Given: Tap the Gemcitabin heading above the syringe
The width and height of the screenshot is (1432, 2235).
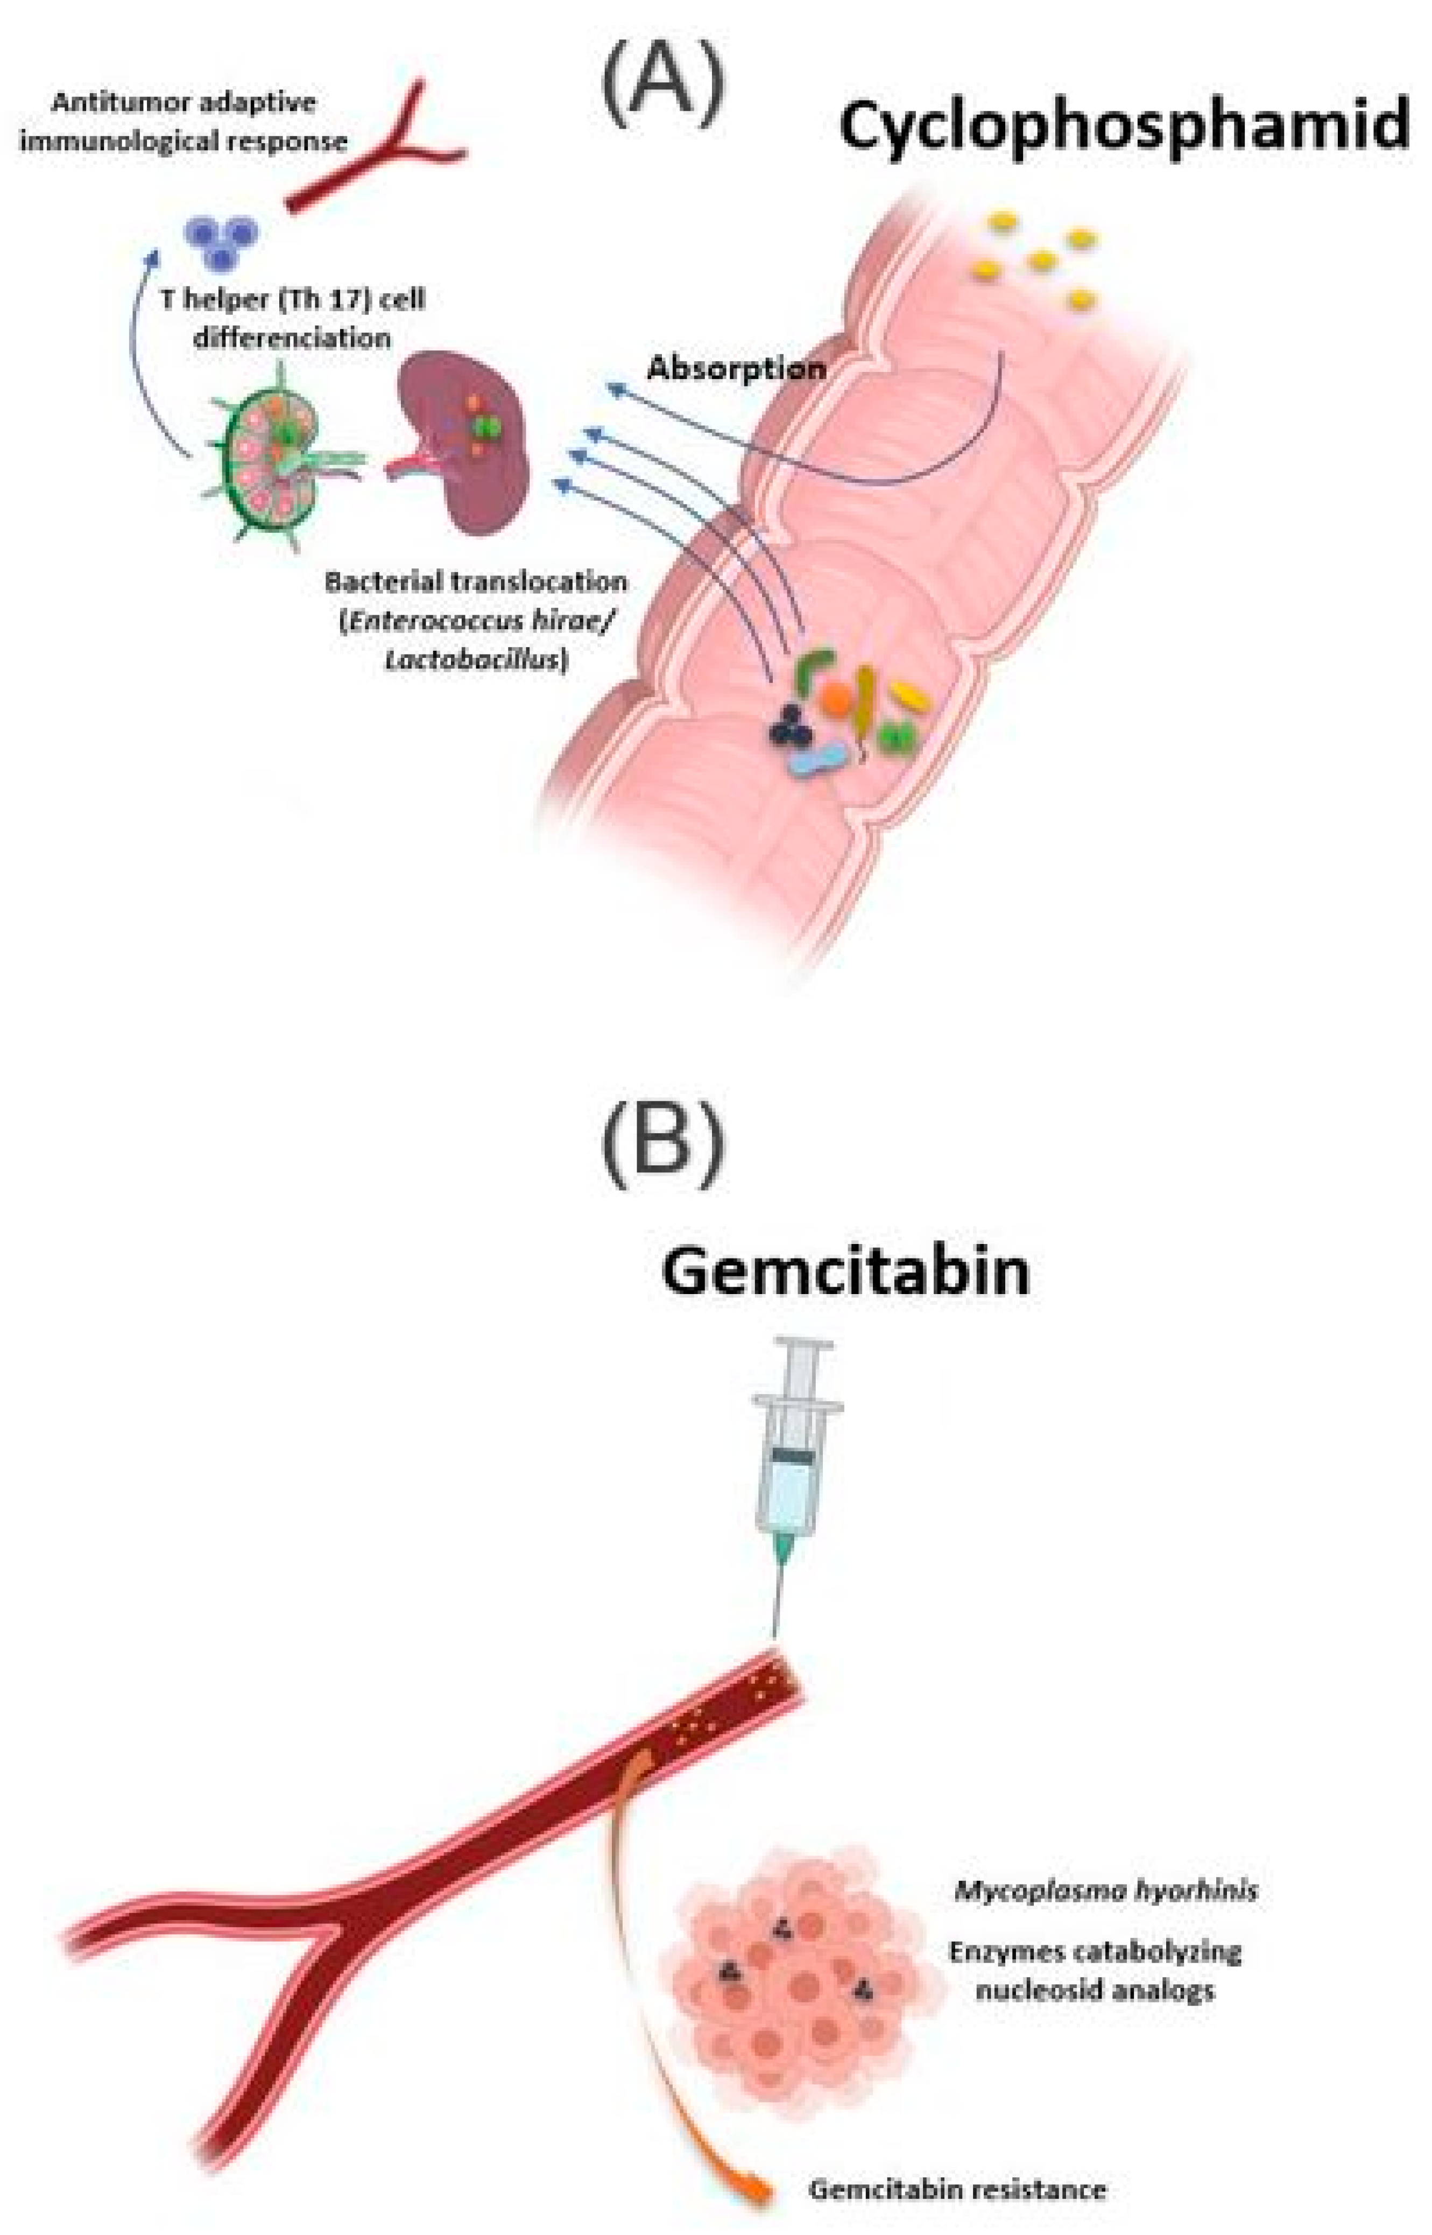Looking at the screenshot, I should point(845,1273).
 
